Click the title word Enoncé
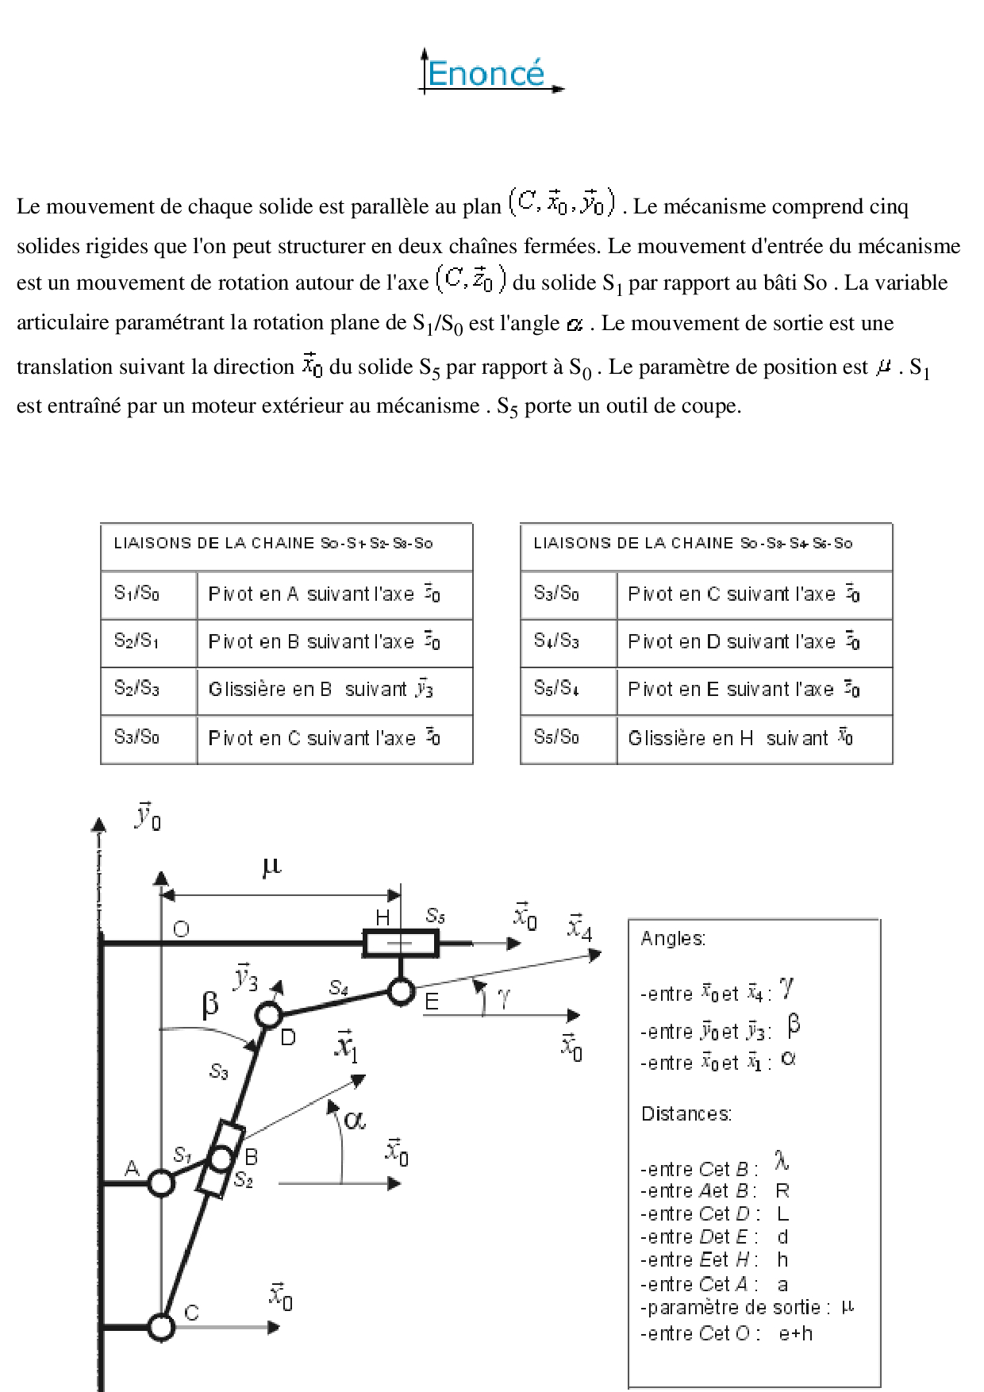point(486,74)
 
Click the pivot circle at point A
point(161,1183)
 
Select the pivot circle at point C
point(161,1326)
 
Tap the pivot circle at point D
point(269,1014)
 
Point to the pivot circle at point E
point(401,991)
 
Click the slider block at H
point(400,943)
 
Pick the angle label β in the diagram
point(210,1004)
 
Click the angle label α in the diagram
point(355,1120)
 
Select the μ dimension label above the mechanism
point(271,865)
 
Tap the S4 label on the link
point(339,987)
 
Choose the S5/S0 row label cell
point(556,737)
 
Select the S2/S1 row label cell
point(136,641)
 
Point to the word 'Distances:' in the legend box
point(686,1113)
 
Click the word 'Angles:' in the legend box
point(673,938)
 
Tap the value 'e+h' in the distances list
point(796,1333)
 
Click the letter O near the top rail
point(181,929)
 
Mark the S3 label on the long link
point(219,1071)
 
